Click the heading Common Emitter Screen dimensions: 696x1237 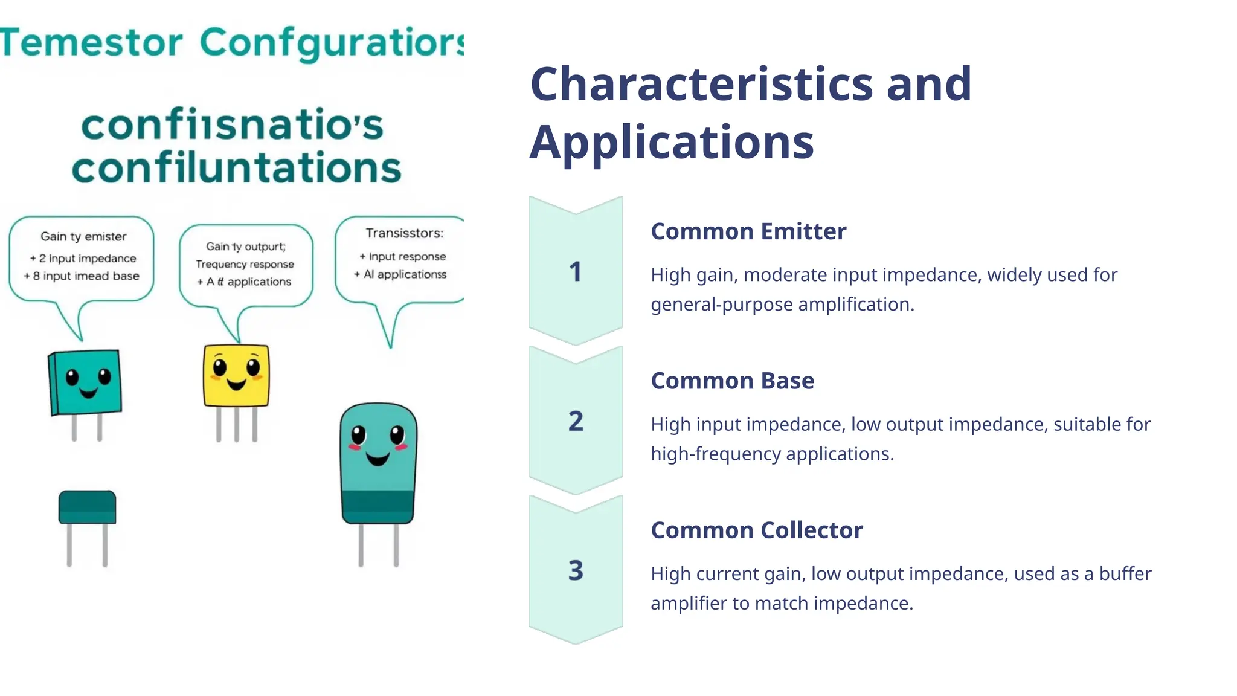coord(748,231)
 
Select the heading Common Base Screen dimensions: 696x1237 coord(732,381)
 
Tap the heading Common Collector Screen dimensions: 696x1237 coord(757,530)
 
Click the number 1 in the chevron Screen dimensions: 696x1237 coord(575,272)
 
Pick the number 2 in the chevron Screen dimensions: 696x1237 coord(576,421)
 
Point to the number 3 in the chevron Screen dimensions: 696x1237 coord(576,570)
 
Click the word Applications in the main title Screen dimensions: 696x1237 coord(672,143)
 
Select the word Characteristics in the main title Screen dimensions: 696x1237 coord(701,84)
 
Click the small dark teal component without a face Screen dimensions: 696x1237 coord(87,508)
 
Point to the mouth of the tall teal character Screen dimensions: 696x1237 coord(378,460)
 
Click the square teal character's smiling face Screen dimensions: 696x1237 coord(87,382)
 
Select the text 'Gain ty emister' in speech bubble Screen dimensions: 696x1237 coord(83,237)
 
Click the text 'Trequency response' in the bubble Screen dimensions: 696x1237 coord(245,264)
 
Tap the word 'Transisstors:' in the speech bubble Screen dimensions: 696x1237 coord(404,233)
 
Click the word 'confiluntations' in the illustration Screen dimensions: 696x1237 coord(236,168)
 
